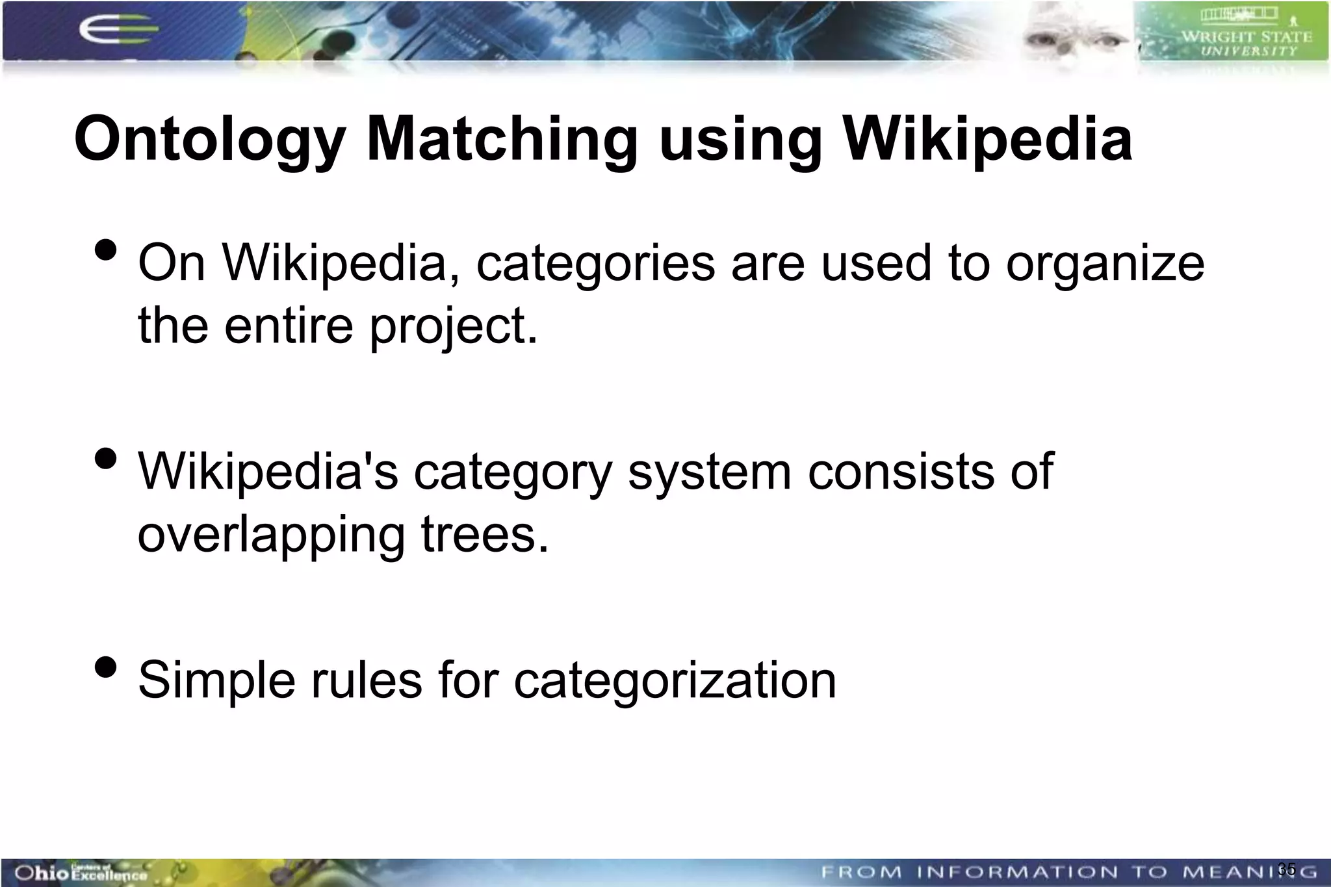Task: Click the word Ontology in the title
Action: point(209,140)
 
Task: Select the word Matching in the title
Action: point(502,140)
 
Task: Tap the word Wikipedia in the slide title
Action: point(987,138)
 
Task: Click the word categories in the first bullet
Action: point(595,264)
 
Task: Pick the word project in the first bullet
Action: point(454,327)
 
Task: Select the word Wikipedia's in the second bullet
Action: point(268,471)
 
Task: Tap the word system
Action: point(710,472)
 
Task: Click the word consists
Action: point(901,471)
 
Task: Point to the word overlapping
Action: point(272,535)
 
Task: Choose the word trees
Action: point(485,534)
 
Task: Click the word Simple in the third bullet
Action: point(216,680)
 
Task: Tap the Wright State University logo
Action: point(1232,32)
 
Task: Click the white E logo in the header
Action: point(117,30)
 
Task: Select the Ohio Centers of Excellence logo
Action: point(81,872)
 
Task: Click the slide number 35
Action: point(1286,869)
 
